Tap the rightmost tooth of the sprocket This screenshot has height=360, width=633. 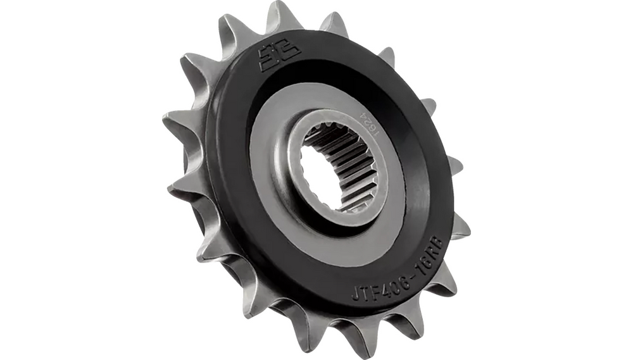pos(461,227)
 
